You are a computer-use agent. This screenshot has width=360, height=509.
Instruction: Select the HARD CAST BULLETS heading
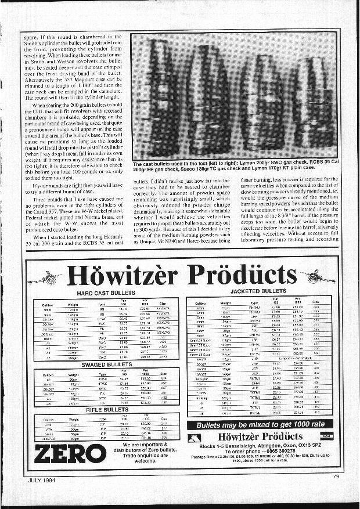106,294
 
